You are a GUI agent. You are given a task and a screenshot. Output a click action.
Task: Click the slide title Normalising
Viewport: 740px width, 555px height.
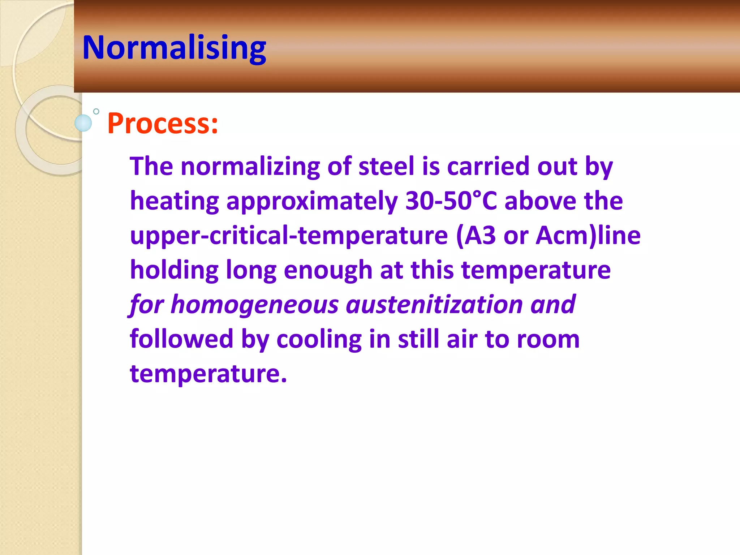(174, 48)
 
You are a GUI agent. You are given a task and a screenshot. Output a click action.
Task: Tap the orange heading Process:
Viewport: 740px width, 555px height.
(163, 124)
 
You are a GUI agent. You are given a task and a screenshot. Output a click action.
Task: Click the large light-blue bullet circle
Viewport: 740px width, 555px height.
(83, 123)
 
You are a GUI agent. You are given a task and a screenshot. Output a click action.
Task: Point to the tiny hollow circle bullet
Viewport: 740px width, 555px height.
(96, 112)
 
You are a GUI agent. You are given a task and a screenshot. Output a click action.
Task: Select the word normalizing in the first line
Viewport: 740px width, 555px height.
(250, 167)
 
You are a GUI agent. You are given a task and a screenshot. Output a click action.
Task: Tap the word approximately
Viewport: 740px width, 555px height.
(312, 201)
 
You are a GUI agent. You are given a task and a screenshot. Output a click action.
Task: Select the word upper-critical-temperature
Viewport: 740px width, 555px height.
(289, 236)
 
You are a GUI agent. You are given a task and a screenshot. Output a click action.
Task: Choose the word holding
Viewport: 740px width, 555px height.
(174, 270)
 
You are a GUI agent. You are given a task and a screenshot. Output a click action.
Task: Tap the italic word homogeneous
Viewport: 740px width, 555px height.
(254, 305)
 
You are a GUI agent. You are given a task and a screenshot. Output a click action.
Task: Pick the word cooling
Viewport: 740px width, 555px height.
(319, 340)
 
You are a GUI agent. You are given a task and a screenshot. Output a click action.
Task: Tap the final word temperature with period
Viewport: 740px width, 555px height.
(208, 374)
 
